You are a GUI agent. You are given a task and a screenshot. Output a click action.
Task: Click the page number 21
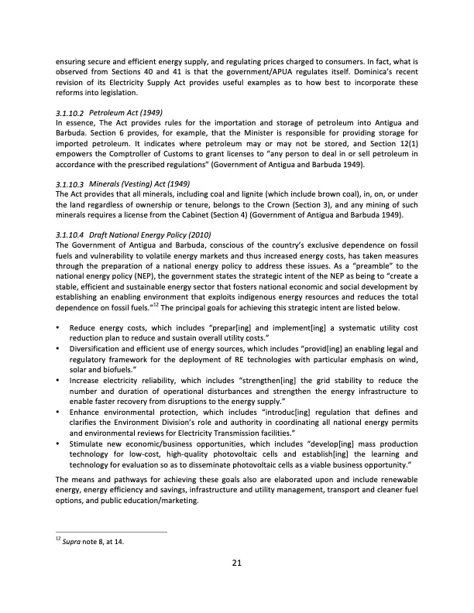tap(237, 563)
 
